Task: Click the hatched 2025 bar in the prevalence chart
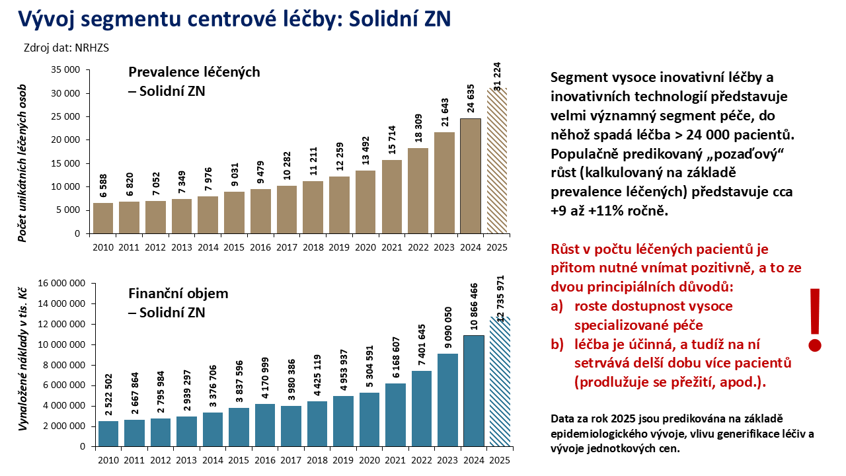pyautogui.click(x=496, y=161)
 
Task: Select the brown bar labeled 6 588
pyautogui.click(x=102, y=218)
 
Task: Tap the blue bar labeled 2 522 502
pyautogui.click(x=108, y=433)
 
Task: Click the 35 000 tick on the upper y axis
pyautogui.click(x=65, y=69)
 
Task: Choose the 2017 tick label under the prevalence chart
pyautogui.click(x=287, y=248)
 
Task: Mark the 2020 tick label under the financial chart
pyautogui.click(x=370, y=460)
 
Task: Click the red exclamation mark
pyautogui.click(x=815, y=319)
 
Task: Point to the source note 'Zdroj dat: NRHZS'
pyautogui.click(x=66, y=48)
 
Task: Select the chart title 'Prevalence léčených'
pyautogui.click(x=194, y=72)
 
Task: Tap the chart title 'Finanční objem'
pyautogui.click(x=178, y=293)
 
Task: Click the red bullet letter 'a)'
pyautogui.click(x=558, y=307)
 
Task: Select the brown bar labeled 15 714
pyautogui.click(x=392, y=196)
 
